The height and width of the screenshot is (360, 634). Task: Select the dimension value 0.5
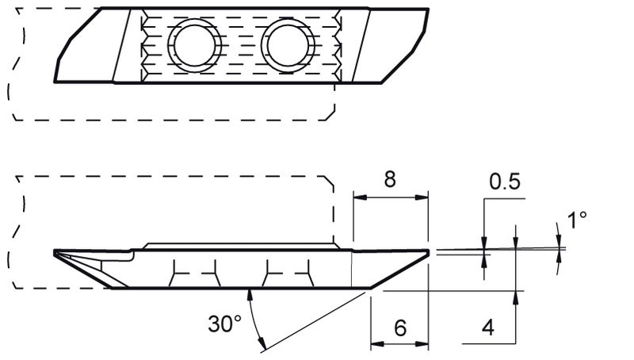505,182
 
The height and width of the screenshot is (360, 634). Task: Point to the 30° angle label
224,324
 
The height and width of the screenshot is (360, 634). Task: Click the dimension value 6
399,327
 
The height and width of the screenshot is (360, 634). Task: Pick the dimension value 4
489,327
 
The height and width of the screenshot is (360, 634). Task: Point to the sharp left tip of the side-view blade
56,253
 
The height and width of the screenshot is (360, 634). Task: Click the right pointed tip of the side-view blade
428,252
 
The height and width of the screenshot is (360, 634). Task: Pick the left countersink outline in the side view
193,274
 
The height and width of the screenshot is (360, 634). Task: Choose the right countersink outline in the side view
289,274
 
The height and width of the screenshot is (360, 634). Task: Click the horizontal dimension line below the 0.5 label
504,200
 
